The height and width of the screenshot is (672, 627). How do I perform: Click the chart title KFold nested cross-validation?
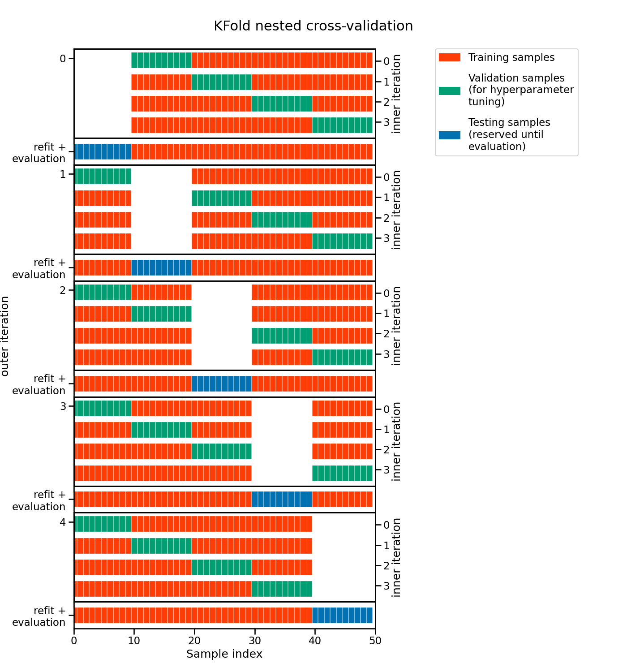(313, 26)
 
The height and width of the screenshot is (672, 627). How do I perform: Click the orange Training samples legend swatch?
(449, 57)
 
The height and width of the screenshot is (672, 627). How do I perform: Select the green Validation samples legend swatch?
(449, 90)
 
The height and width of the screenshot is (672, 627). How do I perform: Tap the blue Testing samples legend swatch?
(449, 135)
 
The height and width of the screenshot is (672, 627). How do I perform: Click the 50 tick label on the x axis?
(375, 641)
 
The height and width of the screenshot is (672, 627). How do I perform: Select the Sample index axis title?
(224, 654)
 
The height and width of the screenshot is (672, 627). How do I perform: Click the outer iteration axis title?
(5, 336)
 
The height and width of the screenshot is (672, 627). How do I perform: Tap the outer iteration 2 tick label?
(63, 290)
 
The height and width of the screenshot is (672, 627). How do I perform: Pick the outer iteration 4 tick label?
(63, 522)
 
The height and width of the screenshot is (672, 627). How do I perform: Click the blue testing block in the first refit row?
(103, 152)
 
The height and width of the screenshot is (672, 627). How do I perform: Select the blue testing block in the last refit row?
(342, 615)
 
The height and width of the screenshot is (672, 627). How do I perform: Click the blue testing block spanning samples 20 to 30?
(222, 384)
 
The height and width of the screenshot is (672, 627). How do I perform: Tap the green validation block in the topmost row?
(161, 60)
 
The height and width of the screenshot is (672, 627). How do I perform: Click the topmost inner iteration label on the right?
(396, 94)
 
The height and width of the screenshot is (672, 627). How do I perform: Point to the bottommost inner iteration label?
(396, 558)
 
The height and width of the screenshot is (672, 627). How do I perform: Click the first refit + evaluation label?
(39, 153)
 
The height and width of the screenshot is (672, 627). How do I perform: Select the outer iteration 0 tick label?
(63, 59)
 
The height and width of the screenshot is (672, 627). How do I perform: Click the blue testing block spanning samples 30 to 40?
(282, 499)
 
